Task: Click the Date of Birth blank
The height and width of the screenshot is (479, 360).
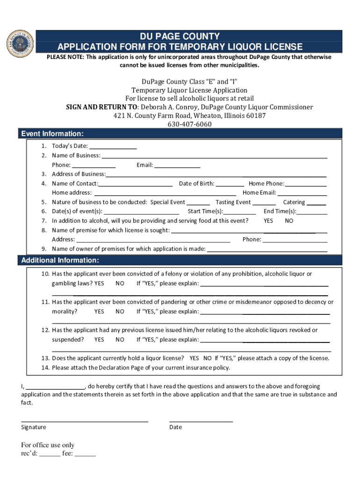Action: point(230,183)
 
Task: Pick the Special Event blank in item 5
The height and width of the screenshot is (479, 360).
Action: point(198,202)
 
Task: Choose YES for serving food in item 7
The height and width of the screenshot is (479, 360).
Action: point(268,221)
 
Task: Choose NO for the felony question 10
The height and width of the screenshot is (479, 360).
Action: point(120,283)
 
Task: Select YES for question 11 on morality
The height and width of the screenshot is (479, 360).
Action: point(99,312)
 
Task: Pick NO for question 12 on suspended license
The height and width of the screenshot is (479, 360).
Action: point(120,340)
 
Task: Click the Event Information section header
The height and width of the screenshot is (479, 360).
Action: point(52,134)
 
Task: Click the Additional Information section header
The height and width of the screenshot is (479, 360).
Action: point(60,260)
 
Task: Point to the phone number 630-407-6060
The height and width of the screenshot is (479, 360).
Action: point(189,124)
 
